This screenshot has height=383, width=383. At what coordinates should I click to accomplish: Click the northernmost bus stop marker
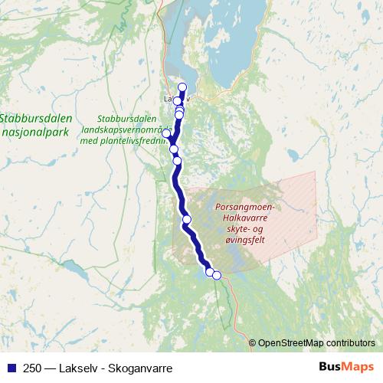(182, 87)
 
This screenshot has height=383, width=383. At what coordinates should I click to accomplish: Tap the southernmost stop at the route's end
(217, 276)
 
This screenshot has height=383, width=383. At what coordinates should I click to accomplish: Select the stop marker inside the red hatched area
(187, 221)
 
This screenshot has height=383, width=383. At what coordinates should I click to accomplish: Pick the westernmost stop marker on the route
(166, 134)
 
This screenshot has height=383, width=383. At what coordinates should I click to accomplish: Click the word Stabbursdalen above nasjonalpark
(36, 118)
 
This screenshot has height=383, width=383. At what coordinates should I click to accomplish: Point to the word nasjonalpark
(36, 132)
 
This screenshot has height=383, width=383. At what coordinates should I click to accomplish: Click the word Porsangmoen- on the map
(248, 207)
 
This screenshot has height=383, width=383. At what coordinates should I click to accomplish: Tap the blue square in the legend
(9, 366)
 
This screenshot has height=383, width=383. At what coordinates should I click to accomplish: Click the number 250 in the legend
(28, 366)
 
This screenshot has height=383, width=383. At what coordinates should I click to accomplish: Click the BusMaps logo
(345, 366)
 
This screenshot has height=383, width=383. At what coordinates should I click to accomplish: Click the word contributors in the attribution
(350, 342)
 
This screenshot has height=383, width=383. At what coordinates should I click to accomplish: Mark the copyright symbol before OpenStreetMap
(253, 342)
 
